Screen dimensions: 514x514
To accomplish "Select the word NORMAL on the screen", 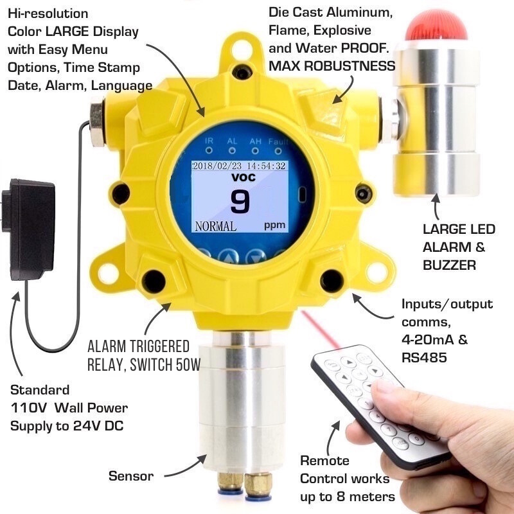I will point(215,226).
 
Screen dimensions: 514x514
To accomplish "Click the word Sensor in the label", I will point(131,476).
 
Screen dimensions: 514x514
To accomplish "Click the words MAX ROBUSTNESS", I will point(332,66).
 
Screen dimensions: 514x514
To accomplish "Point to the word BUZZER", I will point(450,265).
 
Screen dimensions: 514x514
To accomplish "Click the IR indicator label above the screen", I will point(209,140).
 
